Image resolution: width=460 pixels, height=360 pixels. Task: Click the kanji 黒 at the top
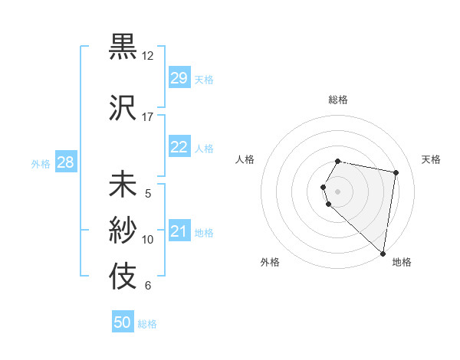(123, 46)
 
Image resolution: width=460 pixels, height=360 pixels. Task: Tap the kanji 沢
(123, 107)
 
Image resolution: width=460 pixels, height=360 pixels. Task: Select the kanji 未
(123, 185)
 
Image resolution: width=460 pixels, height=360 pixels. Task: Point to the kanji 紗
(123, 229)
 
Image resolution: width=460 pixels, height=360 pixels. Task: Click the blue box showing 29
(179, 78)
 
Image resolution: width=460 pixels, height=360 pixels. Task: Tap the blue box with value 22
(179, 148)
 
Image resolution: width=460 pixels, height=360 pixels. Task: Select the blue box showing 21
(179, 231)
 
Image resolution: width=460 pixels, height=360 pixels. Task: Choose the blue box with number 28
(65, 162)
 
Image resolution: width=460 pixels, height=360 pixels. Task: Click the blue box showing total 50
(123, 322)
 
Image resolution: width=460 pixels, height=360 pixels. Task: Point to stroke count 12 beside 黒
(148, 56)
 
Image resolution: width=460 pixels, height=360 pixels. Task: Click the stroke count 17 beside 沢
(148, 117)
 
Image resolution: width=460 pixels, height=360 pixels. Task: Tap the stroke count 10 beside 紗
(148, 240)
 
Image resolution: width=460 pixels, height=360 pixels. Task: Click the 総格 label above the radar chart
(338, 100)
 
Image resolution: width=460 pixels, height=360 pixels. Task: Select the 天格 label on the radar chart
(431, 159)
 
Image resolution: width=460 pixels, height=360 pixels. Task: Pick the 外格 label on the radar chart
(270, 263)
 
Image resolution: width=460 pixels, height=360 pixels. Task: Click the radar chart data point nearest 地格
(383, 253)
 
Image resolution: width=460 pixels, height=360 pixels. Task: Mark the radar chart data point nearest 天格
(396, 173)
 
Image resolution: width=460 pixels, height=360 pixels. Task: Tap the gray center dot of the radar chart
(338, 191)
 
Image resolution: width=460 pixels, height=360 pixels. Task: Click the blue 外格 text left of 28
(41, 163)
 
